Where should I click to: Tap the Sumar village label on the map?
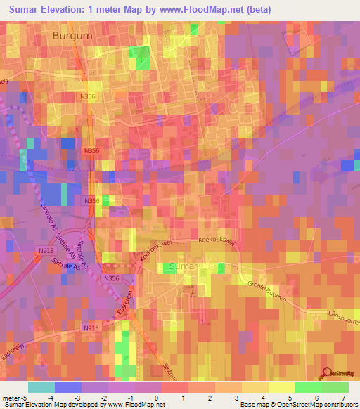[x=185, y=267]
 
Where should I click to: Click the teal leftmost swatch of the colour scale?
[x=41, y=387]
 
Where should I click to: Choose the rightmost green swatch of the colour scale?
[x=335, y=387]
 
